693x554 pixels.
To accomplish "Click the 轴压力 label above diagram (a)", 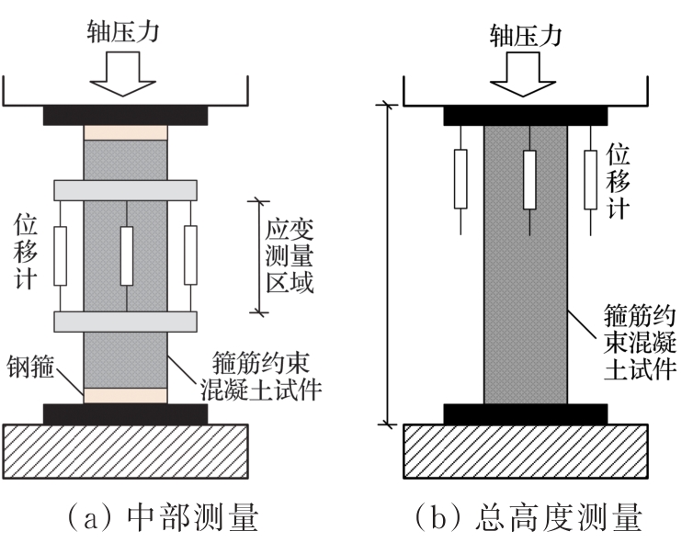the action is [x=123, y=32].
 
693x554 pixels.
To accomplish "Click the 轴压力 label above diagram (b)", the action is [x=526, y=35].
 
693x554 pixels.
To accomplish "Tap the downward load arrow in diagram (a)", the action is [x=123, y=73].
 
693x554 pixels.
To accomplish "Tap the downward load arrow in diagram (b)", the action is [x=523, y=74].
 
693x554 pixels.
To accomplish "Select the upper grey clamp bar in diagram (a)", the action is [x=126, y=190].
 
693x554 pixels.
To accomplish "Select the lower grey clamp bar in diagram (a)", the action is [x=126, y=322].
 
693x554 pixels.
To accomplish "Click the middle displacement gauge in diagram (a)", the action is [x=127, y=255].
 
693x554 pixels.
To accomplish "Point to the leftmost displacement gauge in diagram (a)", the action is [x=60, y=255].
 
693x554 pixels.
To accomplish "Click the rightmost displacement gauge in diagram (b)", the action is [x=591, y=179].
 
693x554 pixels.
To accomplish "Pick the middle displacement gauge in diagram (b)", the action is [x=529, y=179].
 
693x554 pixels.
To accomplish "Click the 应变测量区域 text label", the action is [x=290, y=256].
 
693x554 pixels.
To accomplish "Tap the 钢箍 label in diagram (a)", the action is [x=30, y=367].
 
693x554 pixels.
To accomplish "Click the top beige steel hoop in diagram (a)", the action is [x=126, y=132].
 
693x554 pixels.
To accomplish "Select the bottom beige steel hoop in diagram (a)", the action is [x=126, y=396].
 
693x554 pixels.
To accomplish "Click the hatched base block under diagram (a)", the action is [x=126, y=451].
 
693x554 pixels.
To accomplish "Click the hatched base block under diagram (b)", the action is [x=526, y=451].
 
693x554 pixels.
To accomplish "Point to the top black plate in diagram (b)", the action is [x=526, y=116].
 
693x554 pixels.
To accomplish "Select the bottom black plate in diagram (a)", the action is [x=126, y=413].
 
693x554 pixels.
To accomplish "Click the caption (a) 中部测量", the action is [x=162, y=517].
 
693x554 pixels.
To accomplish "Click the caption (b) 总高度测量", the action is [x=528, y=517].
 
